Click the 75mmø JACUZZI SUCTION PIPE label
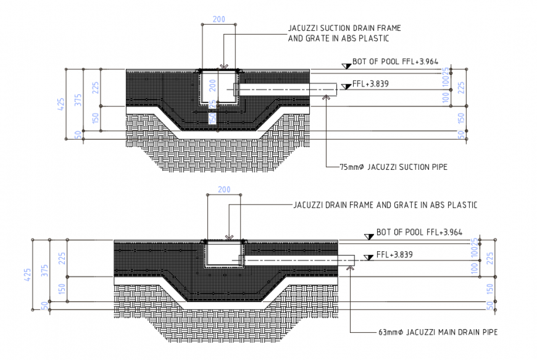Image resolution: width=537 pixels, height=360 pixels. (x=393, y=167)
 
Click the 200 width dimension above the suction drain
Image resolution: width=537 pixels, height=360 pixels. (x=219, y=19)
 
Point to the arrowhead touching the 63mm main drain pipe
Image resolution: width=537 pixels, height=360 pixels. (x=349, y=266)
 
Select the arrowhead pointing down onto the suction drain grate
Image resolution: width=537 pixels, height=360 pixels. (x=225, y=66)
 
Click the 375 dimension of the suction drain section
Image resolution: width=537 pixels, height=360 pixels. (x=78, y=101)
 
